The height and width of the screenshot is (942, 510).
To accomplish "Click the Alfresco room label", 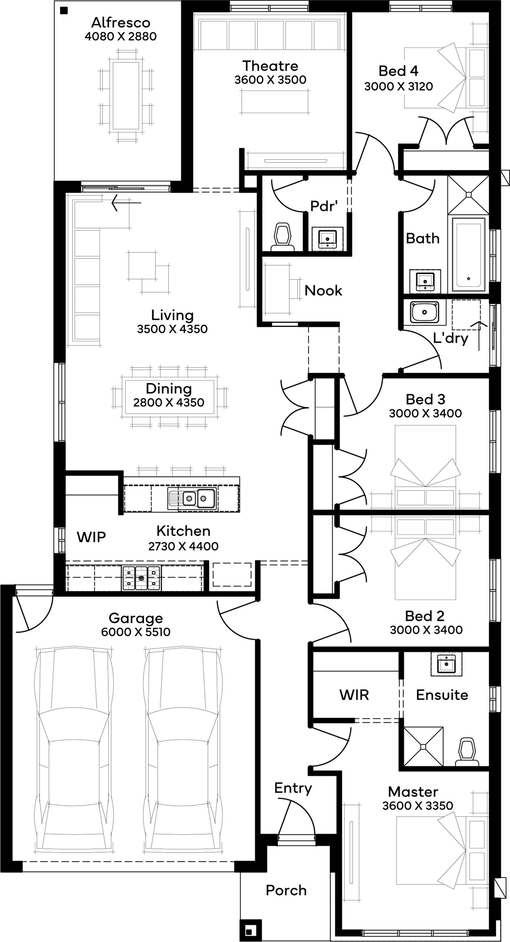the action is point(121,23).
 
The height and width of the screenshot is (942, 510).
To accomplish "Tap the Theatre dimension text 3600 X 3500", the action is point(270,80).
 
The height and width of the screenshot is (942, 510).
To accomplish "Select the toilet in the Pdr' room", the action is point(283,238).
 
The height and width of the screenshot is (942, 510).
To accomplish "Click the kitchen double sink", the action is point(193,498).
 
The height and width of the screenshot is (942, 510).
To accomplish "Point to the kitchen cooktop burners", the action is point(141,578).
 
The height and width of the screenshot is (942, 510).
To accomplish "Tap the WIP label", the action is point(92,537).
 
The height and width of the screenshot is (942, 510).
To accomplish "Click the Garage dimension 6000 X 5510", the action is point(136,632).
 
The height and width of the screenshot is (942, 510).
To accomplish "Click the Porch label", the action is point(286,891).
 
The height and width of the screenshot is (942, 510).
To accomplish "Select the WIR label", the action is point(354,695).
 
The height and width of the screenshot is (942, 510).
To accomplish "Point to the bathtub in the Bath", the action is point(469,254).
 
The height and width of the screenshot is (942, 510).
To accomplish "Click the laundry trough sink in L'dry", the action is point(424,312).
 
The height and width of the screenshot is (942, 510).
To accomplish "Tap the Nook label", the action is point(323,291).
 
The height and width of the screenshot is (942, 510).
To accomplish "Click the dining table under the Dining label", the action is point(169,397).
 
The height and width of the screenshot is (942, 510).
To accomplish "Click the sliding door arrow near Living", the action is point(126,203).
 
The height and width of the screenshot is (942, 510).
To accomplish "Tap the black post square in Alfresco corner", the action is point(64,11).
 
